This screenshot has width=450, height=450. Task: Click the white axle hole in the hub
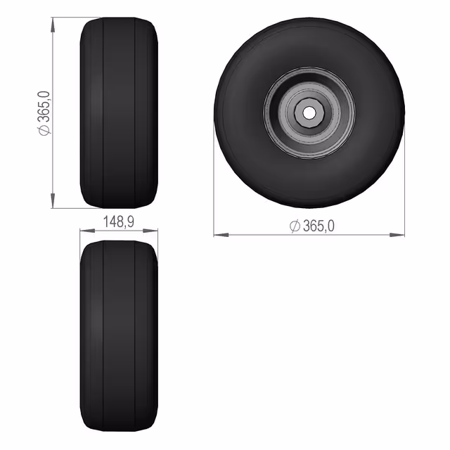[309, 112]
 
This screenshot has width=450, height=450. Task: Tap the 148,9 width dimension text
[118, 221]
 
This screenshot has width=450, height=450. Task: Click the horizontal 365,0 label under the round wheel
[319, 226]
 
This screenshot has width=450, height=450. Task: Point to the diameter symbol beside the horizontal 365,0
[295, 226]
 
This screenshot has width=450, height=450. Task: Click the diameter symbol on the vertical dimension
[44, 129]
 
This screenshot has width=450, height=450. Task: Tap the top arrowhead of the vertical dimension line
[53, 25]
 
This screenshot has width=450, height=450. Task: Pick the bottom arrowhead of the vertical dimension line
[53, 200]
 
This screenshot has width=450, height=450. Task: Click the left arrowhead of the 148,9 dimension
[87, 230]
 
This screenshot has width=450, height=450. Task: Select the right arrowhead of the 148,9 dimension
[150, 230]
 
